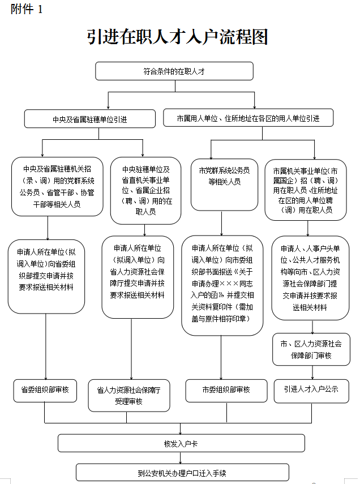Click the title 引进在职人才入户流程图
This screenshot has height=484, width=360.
pos(177,37)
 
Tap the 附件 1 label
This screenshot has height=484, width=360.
pos(27,10)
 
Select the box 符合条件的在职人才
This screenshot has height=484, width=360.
pos(174,71)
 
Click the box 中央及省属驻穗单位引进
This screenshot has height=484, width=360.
pos(89,119)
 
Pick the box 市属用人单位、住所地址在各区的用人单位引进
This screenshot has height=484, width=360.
pos(248,118)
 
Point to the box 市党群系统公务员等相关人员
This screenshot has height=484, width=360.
pos(224,175)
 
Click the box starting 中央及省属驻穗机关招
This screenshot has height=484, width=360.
pos(58,186)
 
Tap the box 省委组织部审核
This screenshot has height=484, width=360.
pos(45,390)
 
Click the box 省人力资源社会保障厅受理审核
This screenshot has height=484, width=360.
pos(128,395)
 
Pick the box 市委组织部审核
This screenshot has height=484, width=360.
pos(226,390)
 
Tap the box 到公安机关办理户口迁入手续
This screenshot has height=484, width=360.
pos(182,473)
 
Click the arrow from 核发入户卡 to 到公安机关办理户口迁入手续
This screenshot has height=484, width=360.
pos(181,458)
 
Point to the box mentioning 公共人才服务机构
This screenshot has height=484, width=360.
pos(311,277)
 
